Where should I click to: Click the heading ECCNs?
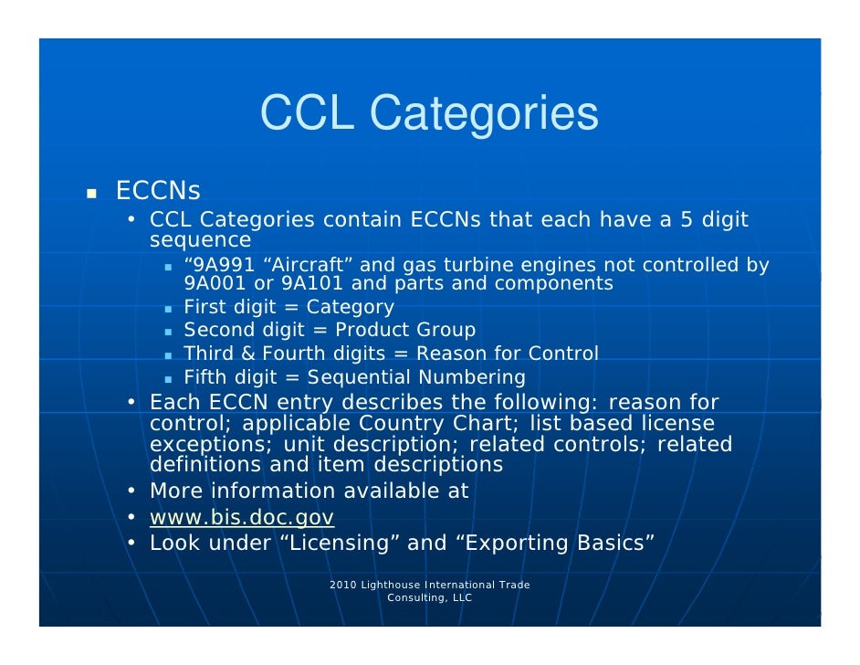click(x=158, y=192)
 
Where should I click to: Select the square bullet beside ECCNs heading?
click(x=91, y=194)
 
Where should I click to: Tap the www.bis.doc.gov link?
click(x=242, y=518)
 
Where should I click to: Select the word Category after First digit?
click(x=351, y=308)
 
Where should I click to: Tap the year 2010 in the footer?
click(x=343, y=585)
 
